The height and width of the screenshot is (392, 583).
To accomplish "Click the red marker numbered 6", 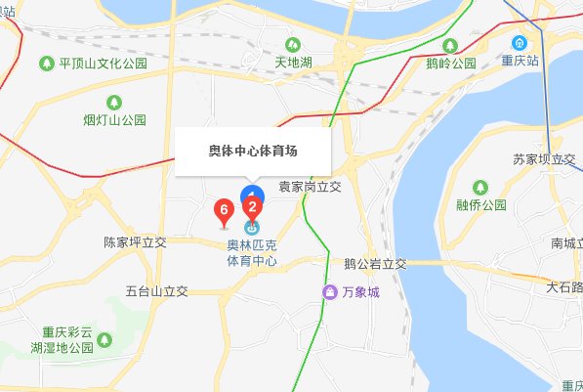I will click(x=224, y=209).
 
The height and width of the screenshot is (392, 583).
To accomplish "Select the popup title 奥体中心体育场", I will click(x=253, y=151).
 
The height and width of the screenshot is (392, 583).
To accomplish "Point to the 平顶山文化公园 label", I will click(x=103, y=65).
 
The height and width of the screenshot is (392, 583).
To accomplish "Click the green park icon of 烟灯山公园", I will click(x=113, y=101).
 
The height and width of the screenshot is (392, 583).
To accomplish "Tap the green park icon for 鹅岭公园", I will click(x=435, y=44).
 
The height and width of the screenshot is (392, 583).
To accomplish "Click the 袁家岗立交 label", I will click(x=310, y=186).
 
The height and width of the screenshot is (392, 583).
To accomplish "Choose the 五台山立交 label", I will click(x=156, y=291).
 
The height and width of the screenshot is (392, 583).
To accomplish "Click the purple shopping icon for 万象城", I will click(x=331, y=292).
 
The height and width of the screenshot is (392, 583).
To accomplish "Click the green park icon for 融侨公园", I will click(x=480, y=187).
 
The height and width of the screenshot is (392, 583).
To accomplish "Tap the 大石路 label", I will click(x=564, y=287).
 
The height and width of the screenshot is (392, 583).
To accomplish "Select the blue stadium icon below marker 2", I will click(x=252, y=227).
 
